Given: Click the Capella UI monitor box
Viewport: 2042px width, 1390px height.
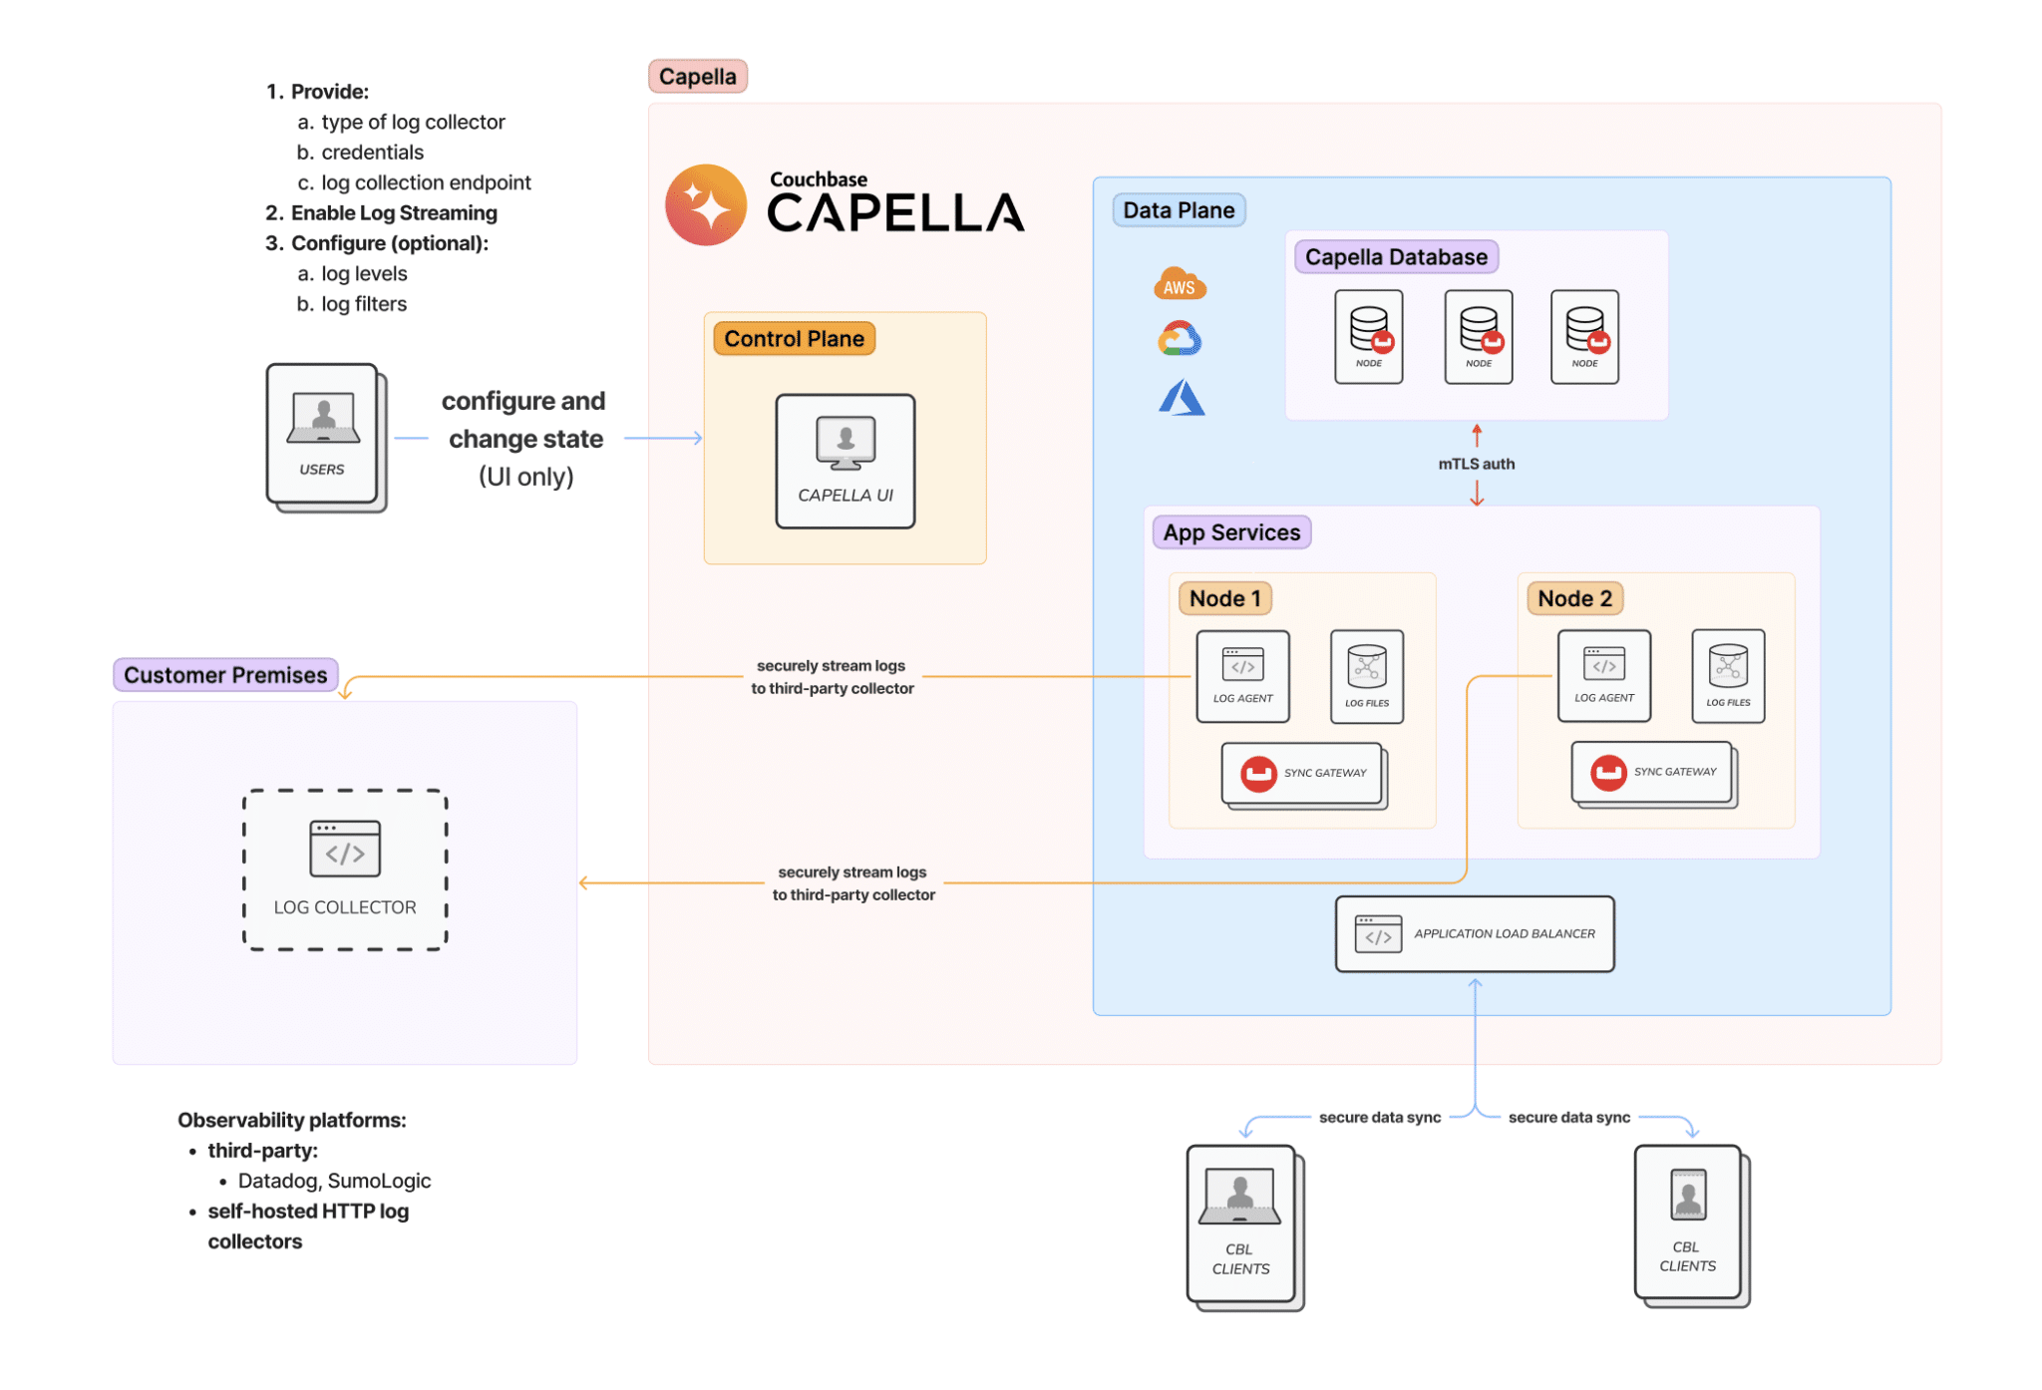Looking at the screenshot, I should (845, 461).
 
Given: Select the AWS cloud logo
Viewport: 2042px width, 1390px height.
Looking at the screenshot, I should (1180, 284).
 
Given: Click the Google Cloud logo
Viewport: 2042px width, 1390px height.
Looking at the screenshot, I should (1180, 339).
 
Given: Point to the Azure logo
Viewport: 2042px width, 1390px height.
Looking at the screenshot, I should (1182, 397).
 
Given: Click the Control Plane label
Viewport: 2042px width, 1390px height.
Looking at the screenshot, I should (794, 339).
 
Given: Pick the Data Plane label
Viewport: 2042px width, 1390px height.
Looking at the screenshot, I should (1178, 210).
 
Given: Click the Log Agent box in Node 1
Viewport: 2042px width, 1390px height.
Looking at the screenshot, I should (1242, 676).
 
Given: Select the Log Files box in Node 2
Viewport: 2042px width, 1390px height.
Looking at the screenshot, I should (1727, 676).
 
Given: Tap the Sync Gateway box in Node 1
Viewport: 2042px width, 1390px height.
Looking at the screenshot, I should (1302, 773).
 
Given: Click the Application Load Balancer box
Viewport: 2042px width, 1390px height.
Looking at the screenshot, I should (1474, 933).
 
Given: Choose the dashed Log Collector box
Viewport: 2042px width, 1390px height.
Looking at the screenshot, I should (345, 869).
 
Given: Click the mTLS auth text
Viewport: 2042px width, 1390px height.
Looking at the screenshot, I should (1476, 464).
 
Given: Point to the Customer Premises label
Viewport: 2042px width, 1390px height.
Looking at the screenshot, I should (225, 675).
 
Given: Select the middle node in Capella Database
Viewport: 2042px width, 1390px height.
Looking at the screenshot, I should (1478, 337).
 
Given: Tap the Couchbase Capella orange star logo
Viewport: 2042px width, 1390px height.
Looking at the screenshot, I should (706, 205).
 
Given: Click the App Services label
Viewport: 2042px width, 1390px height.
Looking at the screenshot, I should (1230, 532).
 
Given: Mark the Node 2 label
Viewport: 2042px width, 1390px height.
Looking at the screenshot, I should (1573, 598).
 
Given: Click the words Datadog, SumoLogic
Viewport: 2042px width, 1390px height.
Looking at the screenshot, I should (334, 1181).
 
